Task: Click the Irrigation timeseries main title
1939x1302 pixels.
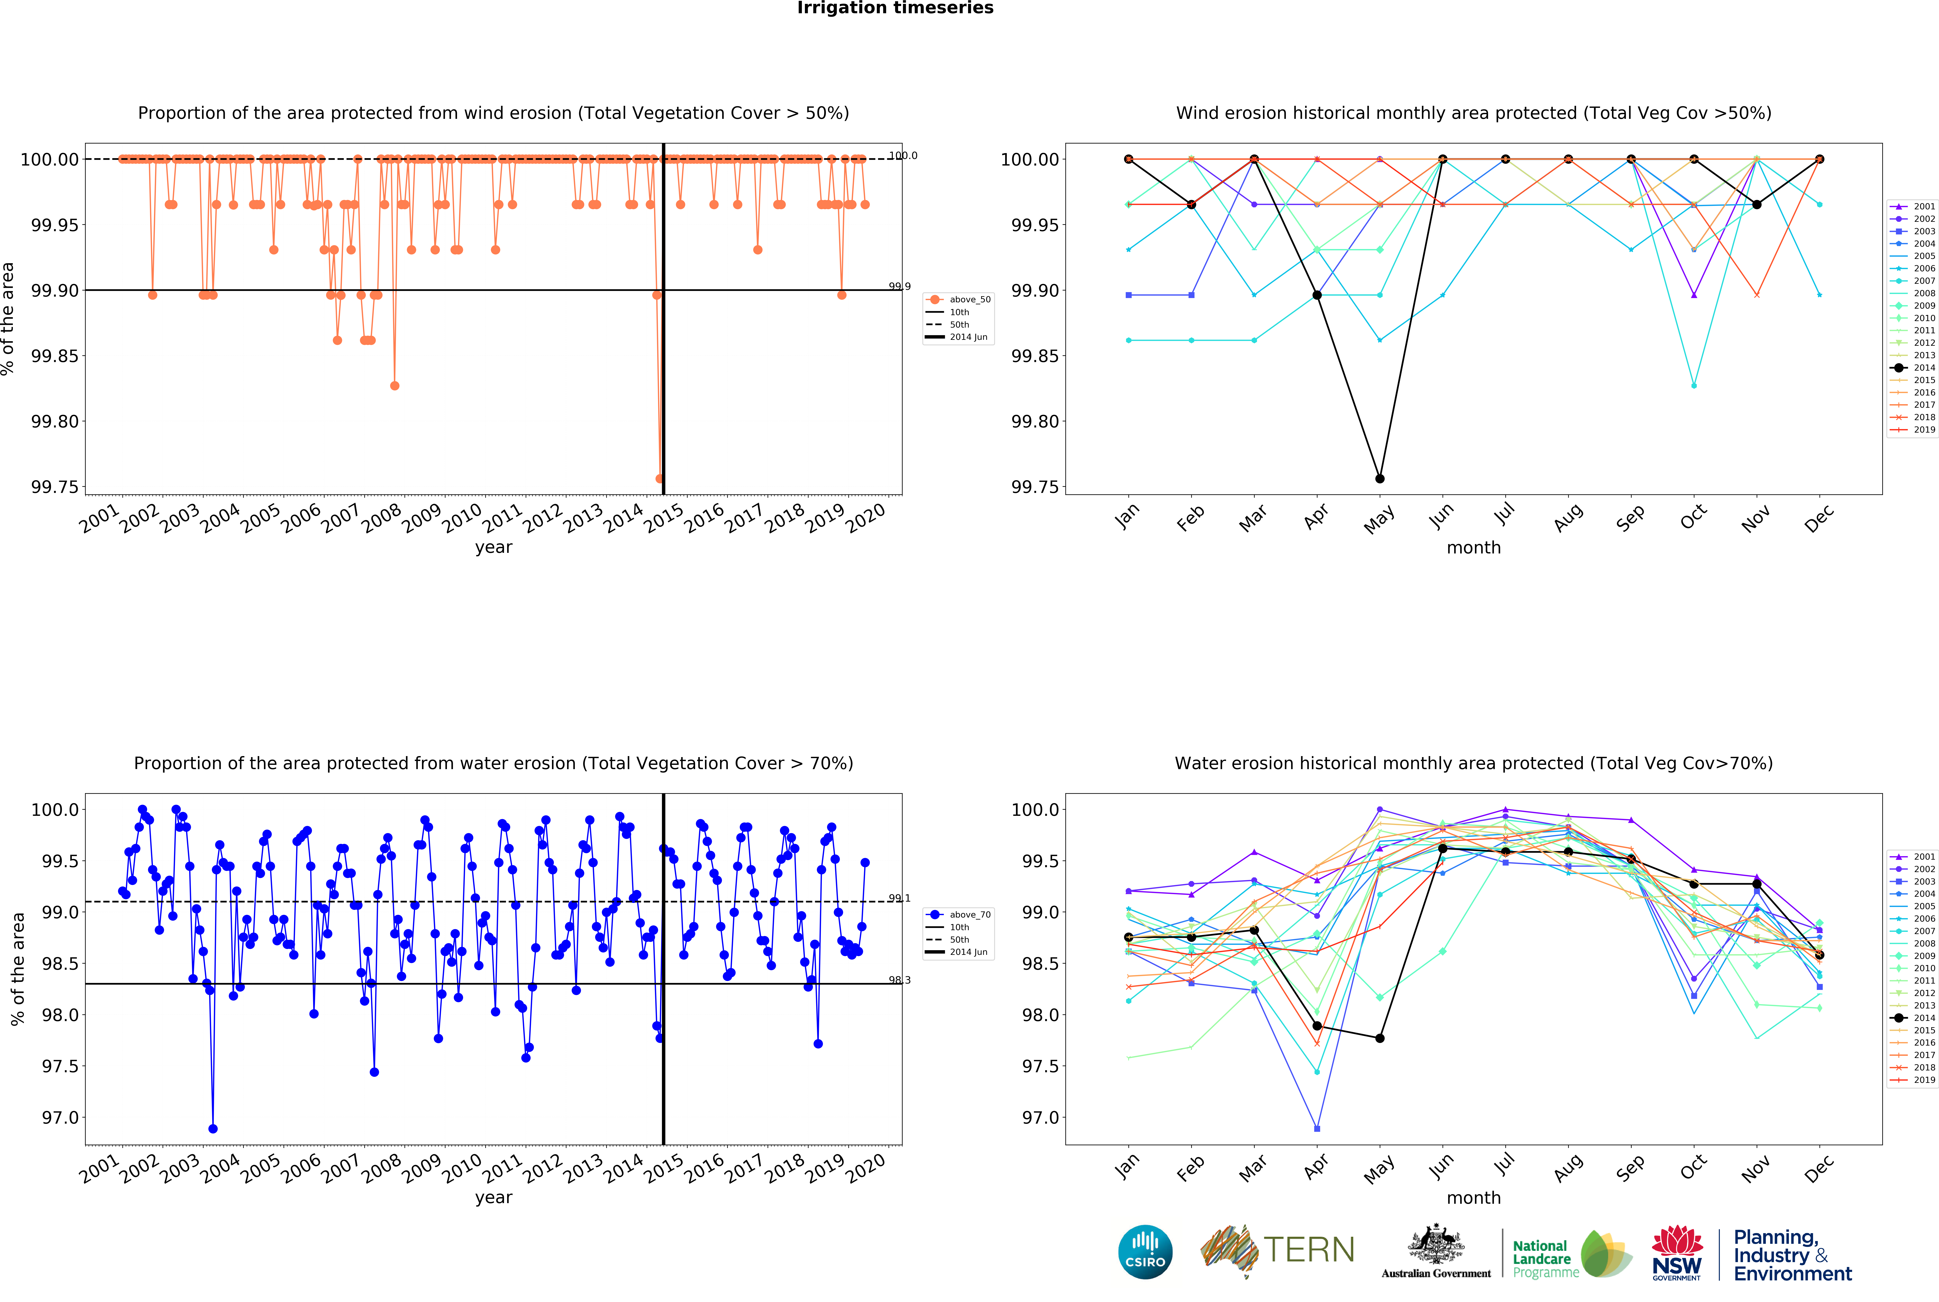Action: [895, 8]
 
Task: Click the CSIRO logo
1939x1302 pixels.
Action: [1145, 1252]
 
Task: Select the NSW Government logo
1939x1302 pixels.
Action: [1676, 1252]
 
